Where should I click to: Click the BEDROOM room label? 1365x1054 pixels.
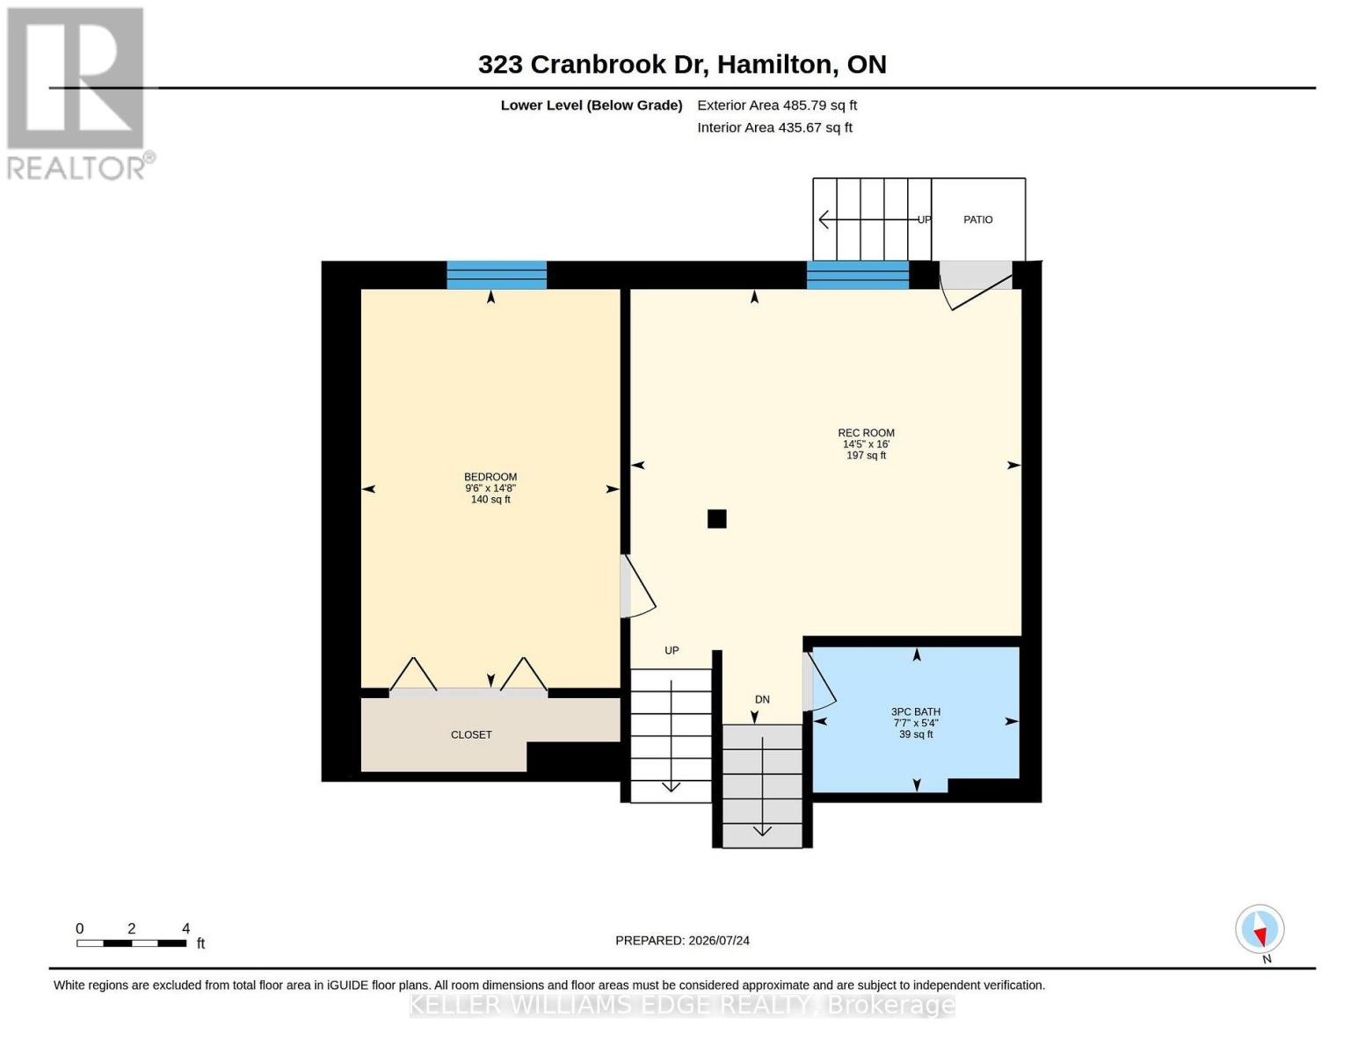coord(490,476)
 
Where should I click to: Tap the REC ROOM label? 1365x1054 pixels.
coord(866,432)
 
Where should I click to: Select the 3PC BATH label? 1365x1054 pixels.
coord(915,711)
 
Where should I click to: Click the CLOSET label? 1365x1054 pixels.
coord(471,734)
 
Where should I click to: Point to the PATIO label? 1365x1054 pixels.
coord(977,220)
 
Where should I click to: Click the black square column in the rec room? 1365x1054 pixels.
coord(716,518)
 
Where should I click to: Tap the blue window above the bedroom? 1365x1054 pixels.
coord(497,275)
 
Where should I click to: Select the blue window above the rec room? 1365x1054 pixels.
coord(858,275)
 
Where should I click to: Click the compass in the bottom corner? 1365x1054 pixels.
coord(1260,929)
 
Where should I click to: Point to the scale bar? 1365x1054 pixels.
coord(131,942)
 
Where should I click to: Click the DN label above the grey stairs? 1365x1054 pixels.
coord(762,699)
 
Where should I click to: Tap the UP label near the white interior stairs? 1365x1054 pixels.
coord(672,650)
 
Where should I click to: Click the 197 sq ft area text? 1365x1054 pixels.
coord(866,455)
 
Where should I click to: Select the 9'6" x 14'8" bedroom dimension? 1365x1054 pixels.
coord(490,487)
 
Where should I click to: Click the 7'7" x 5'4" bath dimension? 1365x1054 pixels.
coord(915,723)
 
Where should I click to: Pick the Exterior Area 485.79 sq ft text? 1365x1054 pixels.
coord(776,105)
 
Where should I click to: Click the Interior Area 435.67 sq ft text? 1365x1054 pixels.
coord(774,127)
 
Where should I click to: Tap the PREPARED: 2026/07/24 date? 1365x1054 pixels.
coord(682,941)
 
